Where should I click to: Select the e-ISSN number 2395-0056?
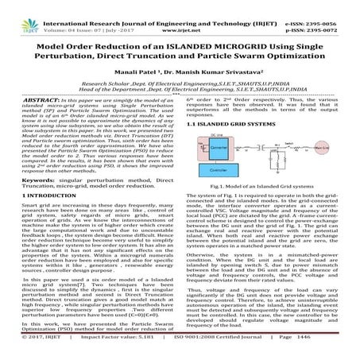(x=331, y=6)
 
